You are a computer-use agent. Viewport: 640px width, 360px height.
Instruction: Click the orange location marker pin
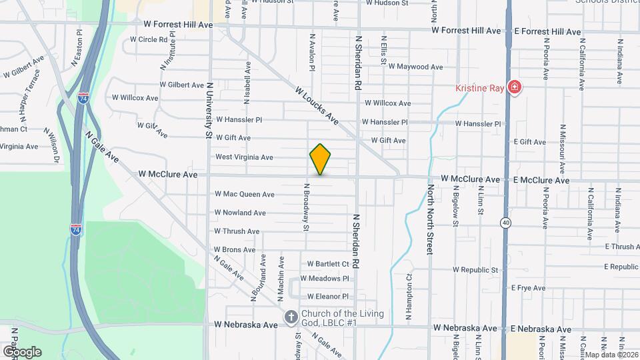320,159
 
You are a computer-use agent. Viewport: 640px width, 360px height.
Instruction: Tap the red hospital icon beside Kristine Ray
514,87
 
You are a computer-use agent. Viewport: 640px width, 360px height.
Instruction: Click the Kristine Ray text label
479,87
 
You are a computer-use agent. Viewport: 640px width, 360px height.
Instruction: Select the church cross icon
291,317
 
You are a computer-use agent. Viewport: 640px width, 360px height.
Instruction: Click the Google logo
22,351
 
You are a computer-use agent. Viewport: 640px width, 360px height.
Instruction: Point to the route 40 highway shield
507,222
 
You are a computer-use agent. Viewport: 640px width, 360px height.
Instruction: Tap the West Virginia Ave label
244,157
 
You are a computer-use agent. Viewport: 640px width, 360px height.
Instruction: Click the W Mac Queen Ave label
244,195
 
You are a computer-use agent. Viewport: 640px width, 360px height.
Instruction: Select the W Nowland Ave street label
240,213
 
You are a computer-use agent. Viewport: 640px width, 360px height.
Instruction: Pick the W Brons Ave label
235,250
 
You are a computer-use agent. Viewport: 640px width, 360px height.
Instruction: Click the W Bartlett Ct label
328,264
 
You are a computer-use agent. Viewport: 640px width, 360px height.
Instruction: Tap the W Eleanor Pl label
327,297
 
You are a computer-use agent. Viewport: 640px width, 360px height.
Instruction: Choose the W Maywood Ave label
415,67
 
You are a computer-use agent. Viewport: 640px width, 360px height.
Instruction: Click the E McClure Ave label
541,180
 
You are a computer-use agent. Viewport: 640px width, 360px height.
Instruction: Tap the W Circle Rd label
149,39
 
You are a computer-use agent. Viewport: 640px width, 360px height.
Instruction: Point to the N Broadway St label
306,207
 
